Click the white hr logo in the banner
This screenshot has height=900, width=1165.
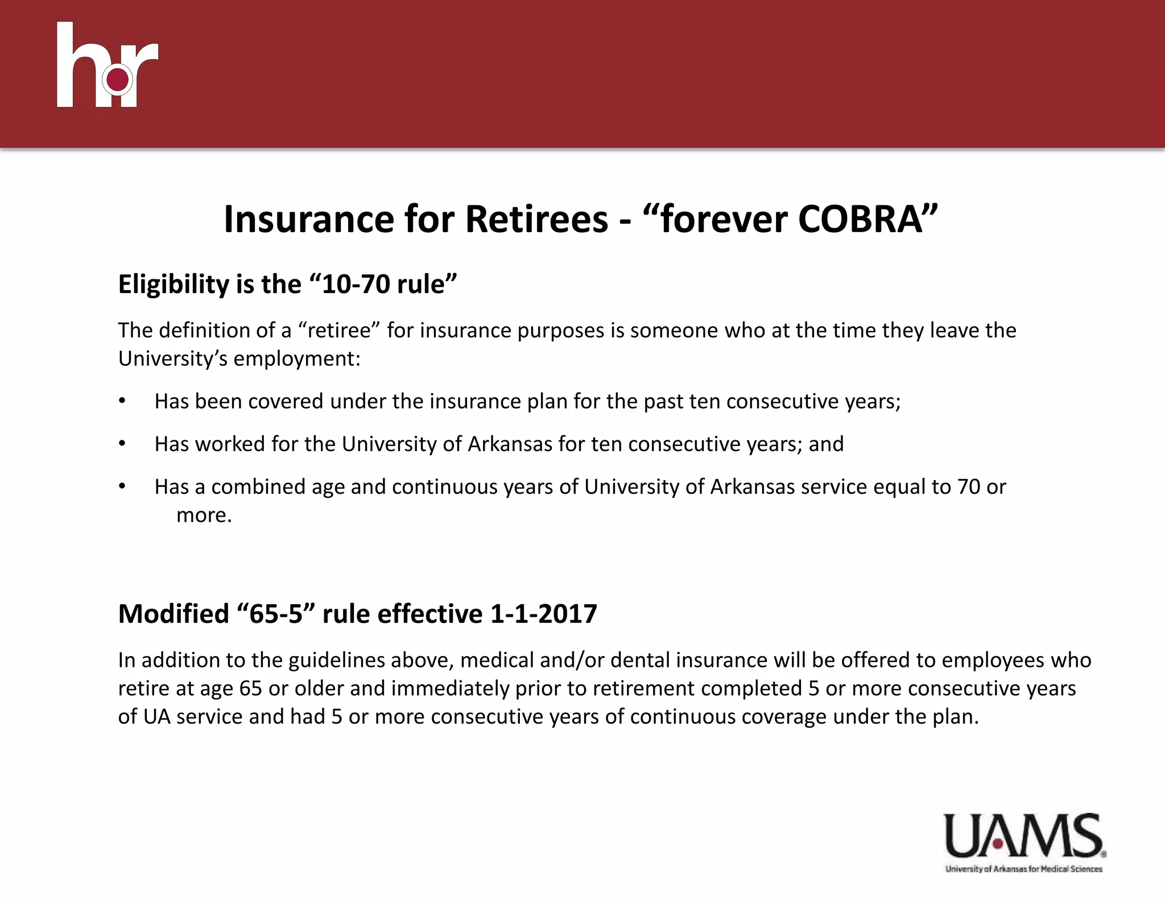[107, 65]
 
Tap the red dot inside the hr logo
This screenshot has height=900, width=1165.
[118, 80]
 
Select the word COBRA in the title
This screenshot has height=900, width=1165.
[860, 219]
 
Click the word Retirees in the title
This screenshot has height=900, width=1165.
[536, 219]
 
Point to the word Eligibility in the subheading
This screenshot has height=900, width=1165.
[173, 284]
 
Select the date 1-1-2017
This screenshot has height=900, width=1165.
[543, 614]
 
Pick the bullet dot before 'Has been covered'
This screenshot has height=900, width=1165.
[121, 401]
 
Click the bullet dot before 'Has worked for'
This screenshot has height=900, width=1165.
[121, 444]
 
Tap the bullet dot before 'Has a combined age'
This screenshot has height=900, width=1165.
[121, 486]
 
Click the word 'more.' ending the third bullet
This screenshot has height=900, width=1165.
[204, 515]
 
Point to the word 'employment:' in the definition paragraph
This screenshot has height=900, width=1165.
[297, 359]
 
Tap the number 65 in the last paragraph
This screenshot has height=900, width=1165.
[250, 688]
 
